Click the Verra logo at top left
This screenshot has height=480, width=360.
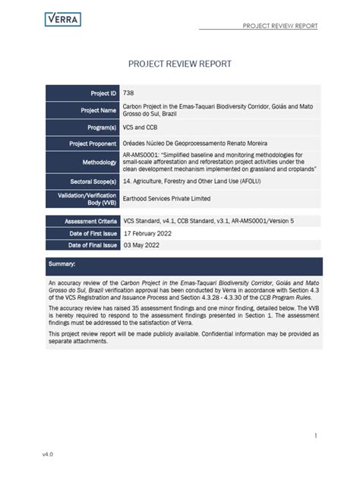(x=63, y=20)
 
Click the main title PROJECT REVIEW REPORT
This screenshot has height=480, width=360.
(x=179, y=64)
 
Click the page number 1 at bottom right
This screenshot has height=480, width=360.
(x=314, y=435)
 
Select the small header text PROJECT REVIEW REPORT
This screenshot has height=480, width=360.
(x=280, y=27)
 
